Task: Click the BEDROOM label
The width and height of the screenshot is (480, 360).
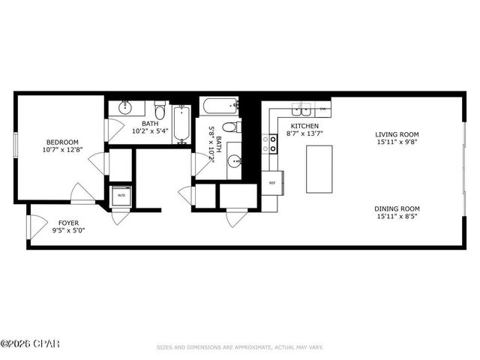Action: click(x=63, y=142)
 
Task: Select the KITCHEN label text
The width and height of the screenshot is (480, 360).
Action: click(x=305, y=126)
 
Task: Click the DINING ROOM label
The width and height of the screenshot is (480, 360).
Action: click(x=398, y=208)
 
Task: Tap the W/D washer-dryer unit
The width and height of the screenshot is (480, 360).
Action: click(x=121, y=196)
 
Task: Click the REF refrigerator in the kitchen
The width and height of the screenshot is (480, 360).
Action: click(x=272, y=182)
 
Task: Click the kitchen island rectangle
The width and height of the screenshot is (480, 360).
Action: click(x=319, y=168)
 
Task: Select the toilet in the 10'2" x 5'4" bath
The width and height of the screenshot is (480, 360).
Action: click(x=160, y=107)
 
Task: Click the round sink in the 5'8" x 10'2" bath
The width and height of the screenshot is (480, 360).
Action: click(x=235, y=160)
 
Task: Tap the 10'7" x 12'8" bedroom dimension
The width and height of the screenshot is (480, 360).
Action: click(x=63, y=151)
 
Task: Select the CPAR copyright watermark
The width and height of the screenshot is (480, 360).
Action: click(x=30, y=344)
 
